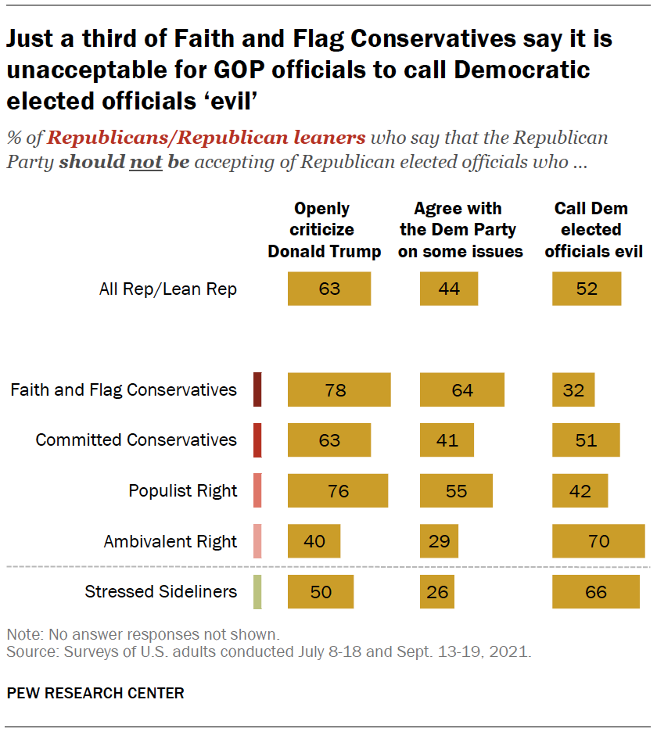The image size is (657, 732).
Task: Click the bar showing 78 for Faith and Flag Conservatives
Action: click(x=339, y=389)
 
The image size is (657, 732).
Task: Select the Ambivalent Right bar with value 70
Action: click(x=598, y=541)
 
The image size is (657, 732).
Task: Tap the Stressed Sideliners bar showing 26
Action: click(x=438, y=591)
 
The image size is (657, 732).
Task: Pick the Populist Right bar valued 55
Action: click(x=456, y=491)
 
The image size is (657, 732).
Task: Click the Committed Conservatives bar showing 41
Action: click(x=447, y=440)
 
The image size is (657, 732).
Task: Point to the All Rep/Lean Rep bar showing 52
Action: click(x=587, y=289)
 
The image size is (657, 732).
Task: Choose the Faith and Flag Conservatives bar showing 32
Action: click(x=573, y=389)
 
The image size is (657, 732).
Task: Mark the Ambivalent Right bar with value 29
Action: click(x=439, y=541)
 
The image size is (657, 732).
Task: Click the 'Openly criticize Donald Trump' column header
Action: click(x=324, y=230)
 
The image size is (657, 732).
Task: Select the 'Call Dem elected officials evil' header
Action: click(x=593, y=230)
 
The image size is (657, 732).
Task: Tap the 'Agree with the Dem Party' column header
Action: click(x=458, y=230)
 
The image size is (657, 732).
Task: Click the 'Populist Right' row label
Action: click(x=182, y=491)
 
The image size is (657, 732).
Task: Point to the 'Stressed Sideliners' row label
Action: click(x=160, y=591)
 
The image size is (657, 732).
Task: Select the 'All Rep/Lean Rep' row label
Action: click(x=167, y=289)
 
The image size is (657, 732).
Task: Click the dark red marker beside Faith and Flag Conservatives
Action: click(x=257, y=389)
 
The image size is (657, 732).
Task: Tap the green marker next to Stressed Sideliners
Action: click(x=257, y=591)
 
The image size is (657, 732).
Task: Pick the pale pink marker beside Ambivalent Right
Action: click(x=257, y=541)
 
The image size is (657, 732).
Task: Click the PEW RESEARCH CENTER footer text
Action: click(x=95, y=693)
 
